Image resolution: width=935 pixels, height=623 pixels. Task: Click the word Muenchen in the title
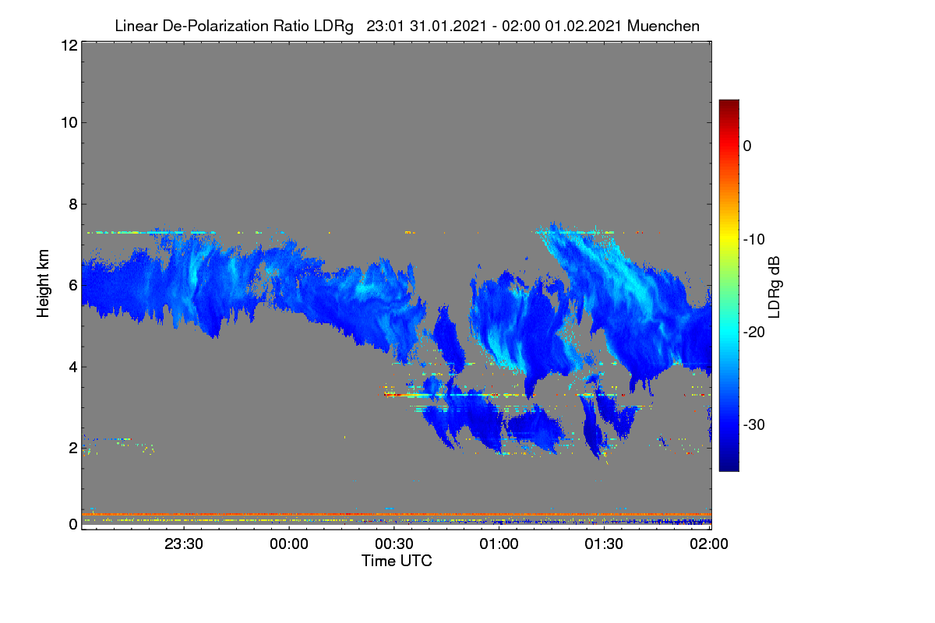click(x=663, y=26)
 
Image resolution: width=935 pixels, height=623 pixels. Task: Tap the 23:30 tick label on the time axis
click(x=184, y=544)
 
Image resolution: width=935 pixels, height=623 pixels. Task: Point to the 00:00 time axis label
click(x=289, y=544)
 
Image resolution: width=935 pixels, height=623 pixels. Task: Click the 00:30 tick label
click(x=394, y=544)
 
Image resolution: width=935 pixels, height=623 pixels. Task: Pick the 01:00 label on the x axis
click(x=499, y=544)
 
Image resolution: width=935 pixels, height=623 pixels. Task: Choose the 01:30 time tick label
click(x=604, y=544)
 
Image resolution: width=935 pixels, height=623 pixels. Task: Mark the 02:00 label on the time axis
click(x=709, y=544)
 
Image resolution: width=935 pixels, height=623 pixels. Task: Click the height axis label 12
click(x=69, y=45)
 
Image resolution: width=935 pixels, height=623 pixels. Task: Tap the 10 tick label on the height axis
click(x=69, y=123)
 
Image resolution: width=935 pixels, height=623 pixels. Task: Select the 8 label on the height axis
click(x=73, y=205)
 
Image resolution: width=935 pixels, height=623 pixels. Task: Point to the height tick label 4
click(x=73, y=368)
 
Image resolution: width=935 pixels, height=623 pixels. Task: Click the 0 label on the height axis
click(x=73, y=525)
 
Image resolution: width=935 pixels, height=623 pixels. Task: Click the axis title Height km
click(x=43, y=283)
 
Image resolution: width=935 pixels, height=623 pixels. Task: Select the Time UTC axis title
click(x=397, y=561)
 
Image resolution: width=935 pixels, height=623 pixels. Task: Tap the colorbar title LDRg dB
click(x=774, y=287)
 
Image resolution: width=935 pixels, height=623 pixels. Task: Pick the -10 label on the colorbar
click(x=754, y=240)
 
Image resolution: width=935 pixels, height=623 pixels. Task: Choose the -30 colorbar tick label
click(x=754, y=424)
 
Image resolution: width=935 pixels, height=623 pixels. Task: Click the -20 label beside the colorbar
click(x=754, y=333)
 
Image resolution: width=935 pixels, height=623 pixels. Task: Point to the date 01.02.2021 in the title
click(x=584, y=26)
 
